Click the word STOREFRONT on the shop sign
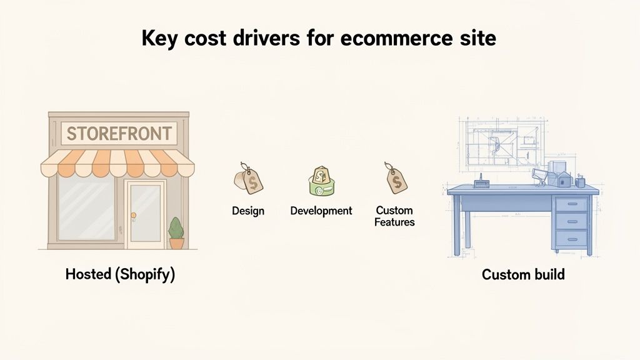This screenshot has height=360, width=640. tap(118, 133)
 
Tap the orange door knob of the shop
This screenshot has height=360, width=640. tap(133, 215)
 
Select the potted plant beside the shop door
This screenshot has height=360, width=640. tap(176, 232)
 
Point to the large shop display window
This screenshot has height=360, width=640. tap(86, 209)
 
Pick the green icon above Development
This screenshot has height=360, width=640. tap(321, 181)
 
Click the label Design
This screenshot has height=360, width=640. tap(248, 211)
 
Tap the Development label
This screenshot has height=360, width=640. tap(321, 211)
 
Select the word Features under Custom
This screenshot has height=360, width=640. tap(394, 222)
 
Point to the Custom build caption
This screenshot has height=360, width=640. tap(523, 274)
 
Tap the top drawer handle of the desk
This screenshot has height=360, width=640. tap(571, 204)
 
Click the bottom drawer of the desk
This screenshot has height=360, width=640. tap(571, 238)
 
